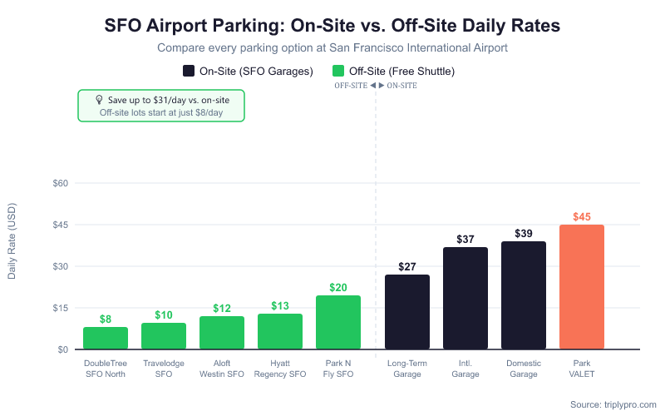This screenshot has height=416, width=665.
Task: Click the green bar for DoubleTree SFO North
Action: [x=106, y=339]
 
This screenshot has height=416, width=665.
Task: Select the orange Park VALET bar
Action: [x=582, y=287]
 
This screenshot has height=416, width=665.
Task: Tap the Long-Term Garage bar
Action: [x=407, y=312]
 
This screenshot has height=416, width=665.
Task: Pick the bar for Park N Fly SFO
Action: [x=338, y=323]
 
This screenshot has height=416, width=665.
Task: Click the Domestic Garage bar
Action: [x=524, y=295]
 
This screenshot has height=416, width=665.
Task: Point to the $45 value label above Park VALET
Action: [x=582, y=217]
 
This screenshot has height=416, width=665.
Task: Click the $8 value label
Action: [x=106, y=319]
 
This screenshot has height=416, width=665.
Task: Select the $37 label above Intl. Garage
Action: [x=465, y=240]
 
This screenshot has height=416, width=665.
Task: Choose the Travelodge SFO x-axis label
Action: [x=164, y=369]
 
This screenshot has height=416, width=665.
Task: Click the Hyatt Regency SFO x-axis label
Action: [x=280, y=369]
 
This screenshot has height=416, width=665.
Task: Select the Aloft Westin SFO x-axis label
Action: [x=222, y=369]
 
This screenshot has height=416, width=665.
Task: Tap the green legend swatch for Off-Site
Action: [x=338, y=72]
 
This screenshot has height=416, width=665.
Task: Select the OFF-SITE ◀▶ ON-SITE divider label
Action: [x=376, y=86]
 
